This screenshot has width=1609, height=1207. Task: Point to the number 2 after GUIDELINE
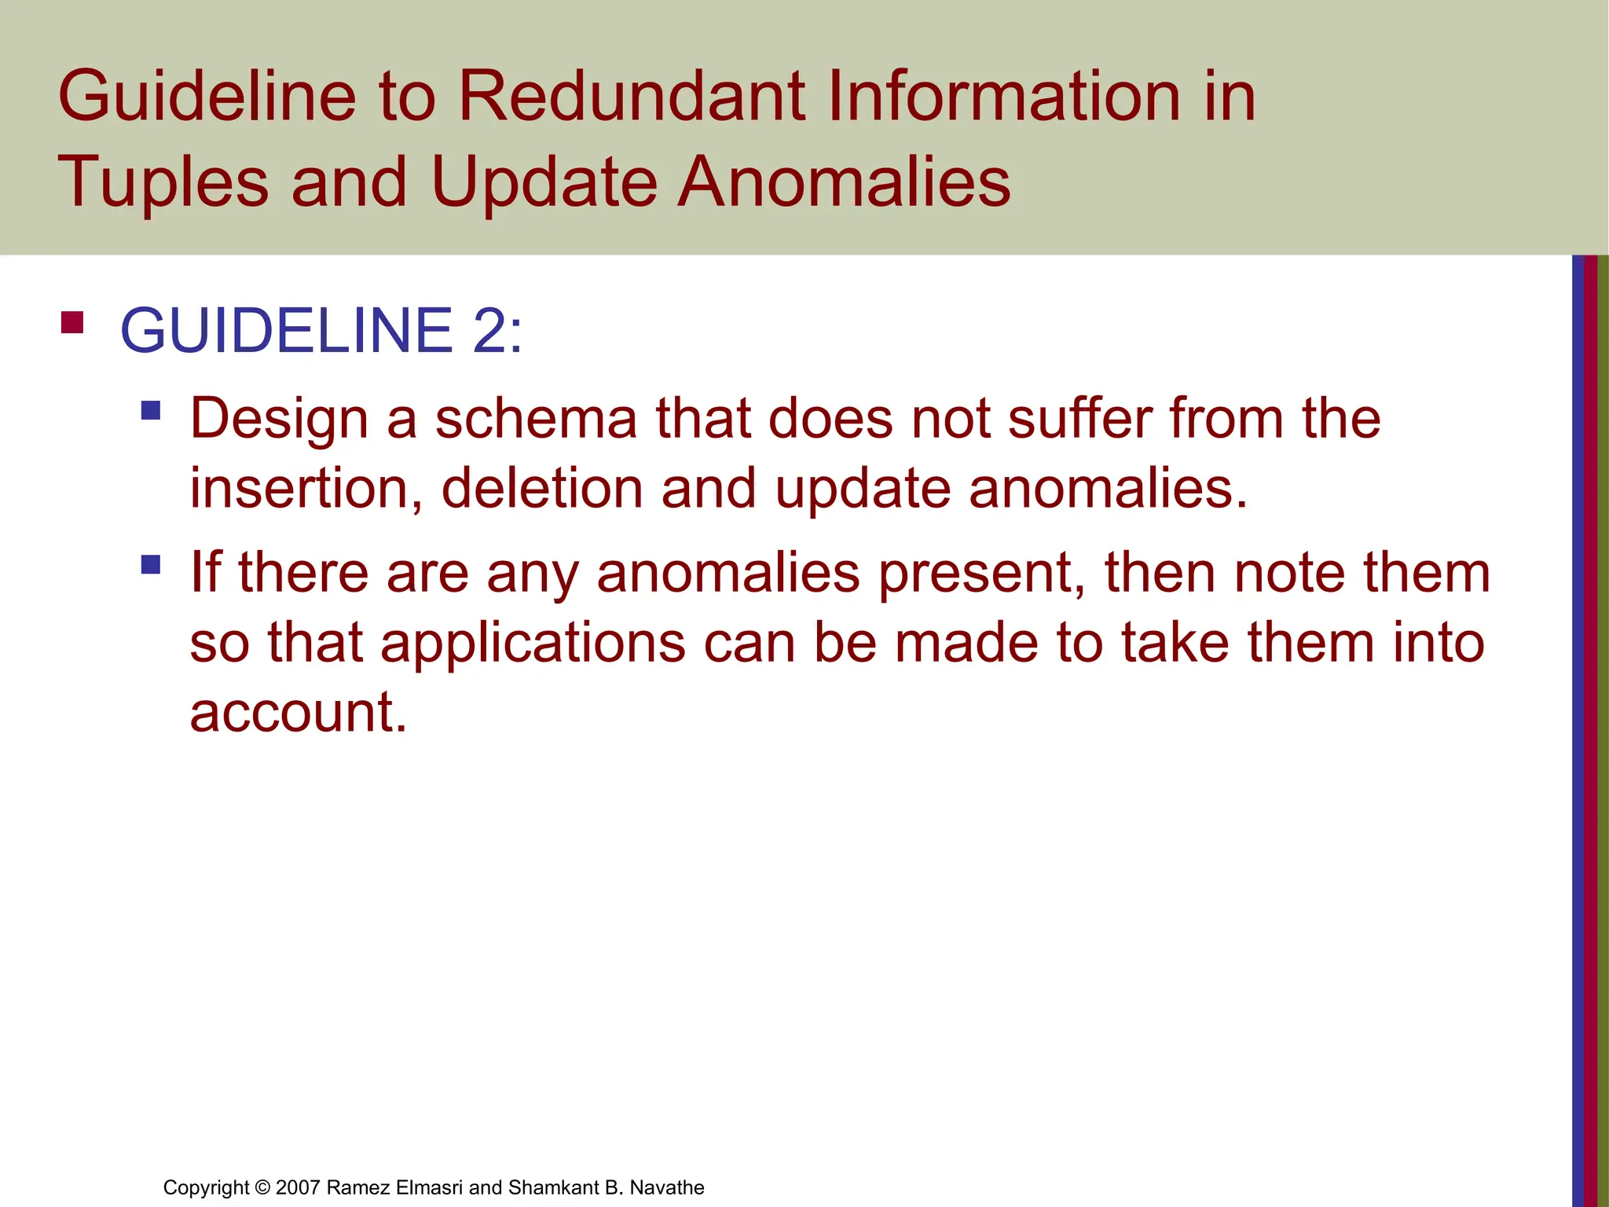click(x=490, y=330)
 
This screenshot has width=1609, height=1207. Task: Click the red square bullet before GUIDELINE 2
click(x=72, y=323)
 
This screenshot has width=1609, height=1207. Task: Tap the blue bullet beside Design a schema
click(x=151, y=410)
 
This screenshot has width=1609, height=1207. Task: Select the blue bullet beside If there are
click(x=151, y=564)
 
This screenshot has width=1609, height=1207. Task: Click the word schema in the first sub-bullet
click(x=537, y=418)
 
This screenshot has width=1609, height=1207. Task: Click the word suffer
click(x=1079, y=418)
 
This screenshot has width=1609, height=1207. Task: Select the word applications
click(x=533, y=643)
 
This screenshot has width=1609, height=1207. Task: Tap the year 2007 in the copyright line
click(x=298, y=1187)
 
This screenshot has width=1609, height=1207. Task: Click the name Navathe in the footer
click(x=667, y=1187)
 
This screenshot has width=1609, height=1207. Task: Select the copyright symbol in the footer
click(x=262, y=1187)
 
